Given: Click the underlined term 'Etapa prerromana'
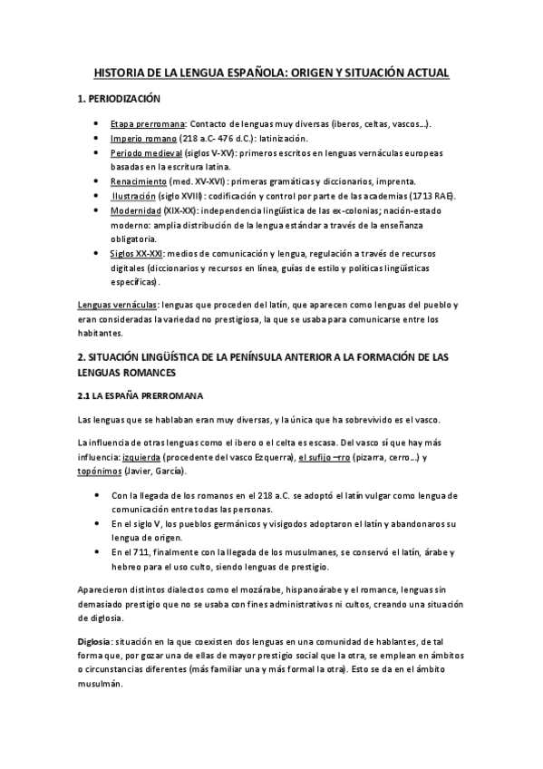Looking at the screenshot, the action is (x=149, y=123).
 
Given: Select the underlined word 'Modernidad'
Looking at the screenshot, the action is (x=137, y=210).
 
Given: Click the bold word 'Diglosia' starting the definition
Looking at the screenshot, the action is (x=96, y=641).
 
